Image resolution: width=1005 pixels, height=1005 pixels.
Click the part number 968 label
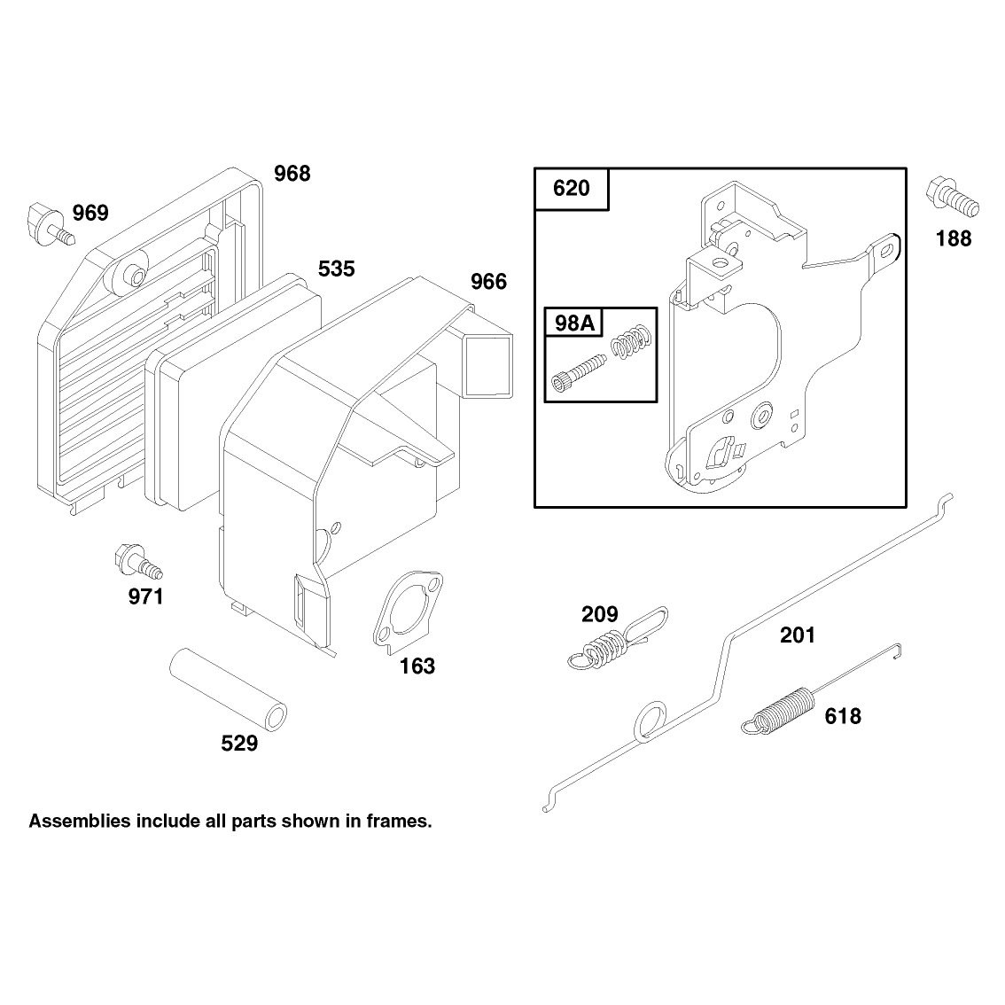coord(292,174)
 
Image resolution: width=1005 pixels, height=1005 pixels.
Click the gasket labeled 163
coord(408,611)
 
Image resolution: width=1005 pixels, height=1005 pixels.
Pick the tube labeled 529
coord(228,689)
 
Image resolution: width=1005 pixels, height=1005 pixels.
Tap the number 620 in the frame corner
coord(571,189)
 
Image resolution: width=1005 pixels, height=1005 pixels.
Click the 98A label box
coord(574,323)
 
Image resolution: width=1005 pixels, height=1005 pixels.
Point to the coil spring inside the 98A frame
coord(632,341)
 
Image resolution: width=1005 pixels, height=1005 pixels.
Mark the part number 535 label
coord(337,269)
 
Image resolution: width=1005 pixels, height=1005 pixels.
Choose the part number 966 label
coord(488,282)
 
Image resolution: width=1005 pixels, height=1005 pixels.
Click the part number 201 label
coord(798,635)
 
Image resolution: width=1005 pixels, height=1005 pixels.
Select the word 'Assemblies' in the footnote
coord(80,821)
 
